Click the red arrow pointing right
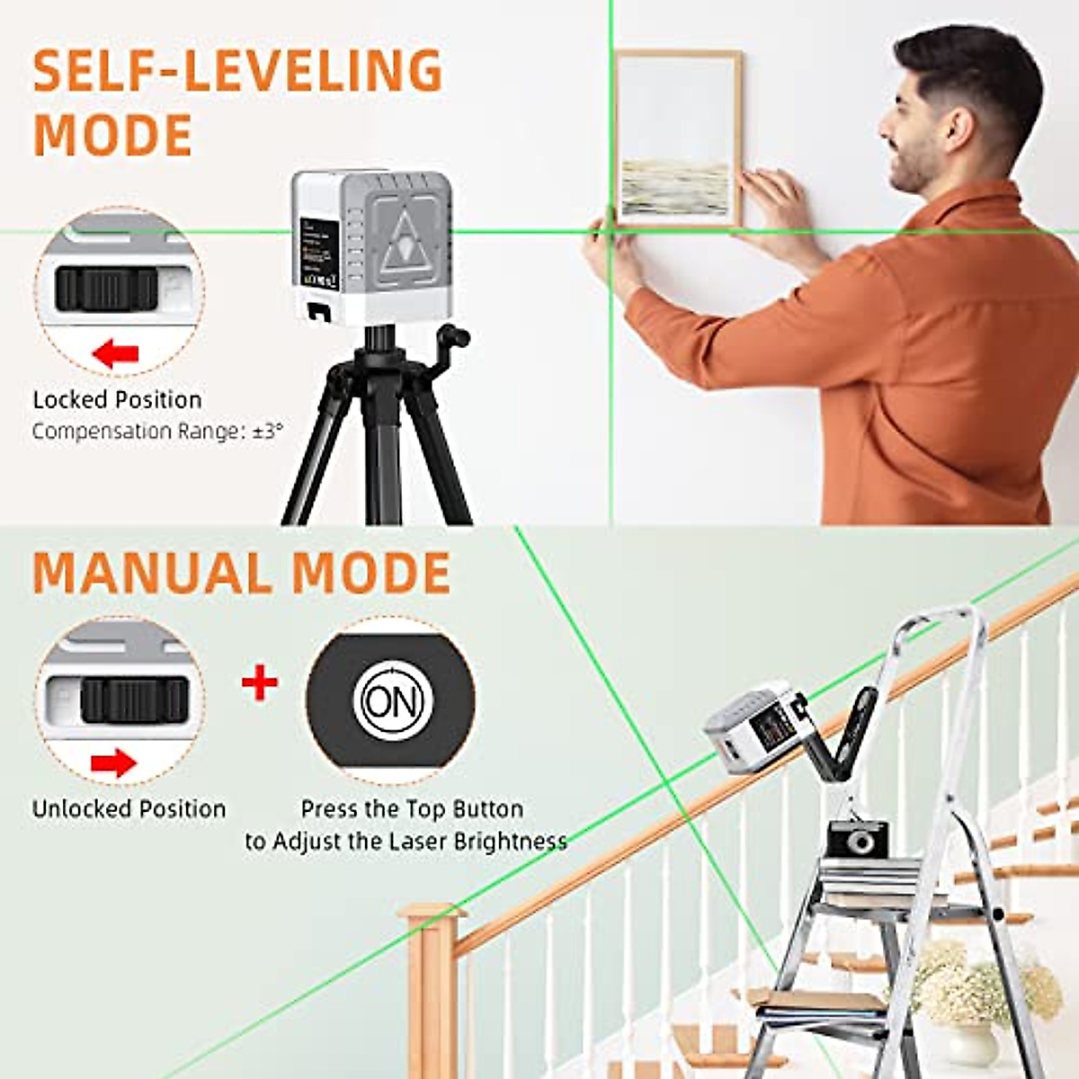tap(113, 763)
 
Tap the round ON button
tap(393, 701)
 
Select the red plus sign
tap(260, 683)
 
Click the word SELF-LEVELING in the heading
tap(238, 71)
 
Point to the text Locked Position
tap(117, 400)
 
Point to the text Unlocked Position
tap(129, 808)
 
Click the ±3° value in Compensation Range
tap(266, 431)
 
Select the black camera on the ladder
tap(857, 839)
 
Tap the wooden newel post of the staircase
tap(432, 989)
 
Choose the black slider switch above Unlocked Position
tap(135, 700)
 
